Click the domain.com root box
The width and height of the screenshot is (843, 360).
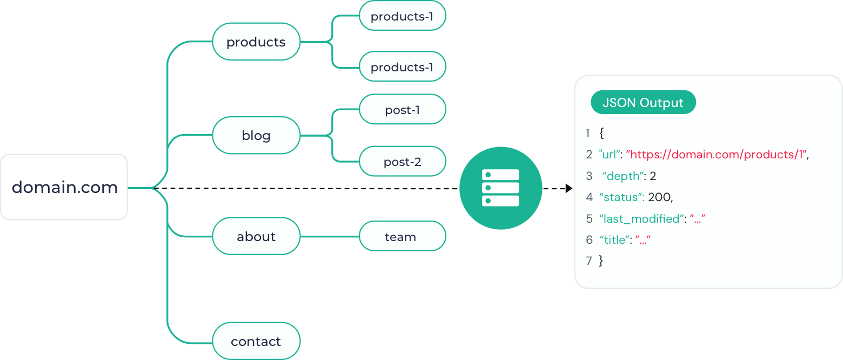(64, 187)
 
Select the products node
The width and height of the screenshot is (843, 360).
(256, 42)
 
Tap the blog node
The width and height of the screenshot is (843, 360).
(256, 135)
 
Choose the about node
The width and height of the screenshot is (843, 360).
(256, 236)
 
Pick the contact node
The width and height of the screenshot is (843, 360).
(256, 341)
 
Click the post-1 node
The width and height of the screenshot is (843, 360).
(403, 110)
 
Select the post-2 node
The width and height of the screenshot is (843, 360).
(403, 161)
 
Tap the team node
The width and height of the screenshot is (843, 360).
(403, 236)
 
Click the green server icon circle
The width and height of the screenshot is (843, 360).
(500, 188)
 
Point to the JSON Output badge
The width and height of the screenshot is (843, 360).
(643, 103)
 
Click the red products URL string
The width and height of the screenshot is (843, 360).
(717, 155)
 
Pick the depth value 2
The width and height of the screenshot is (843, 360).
(653, 176)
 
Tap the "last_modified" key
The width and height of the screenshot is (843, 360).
(641, 218)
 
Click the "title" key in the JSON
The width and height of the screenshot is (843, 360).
(615, 239)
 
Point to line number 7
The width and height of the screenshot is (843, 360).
(589, 261)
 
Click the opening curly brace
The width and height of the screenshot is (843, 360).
(602, 133)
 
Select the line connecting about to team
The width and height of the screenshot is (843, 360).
(330, 237)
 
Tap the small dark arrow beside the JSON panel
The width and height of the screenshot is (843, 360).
(568, 188)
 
